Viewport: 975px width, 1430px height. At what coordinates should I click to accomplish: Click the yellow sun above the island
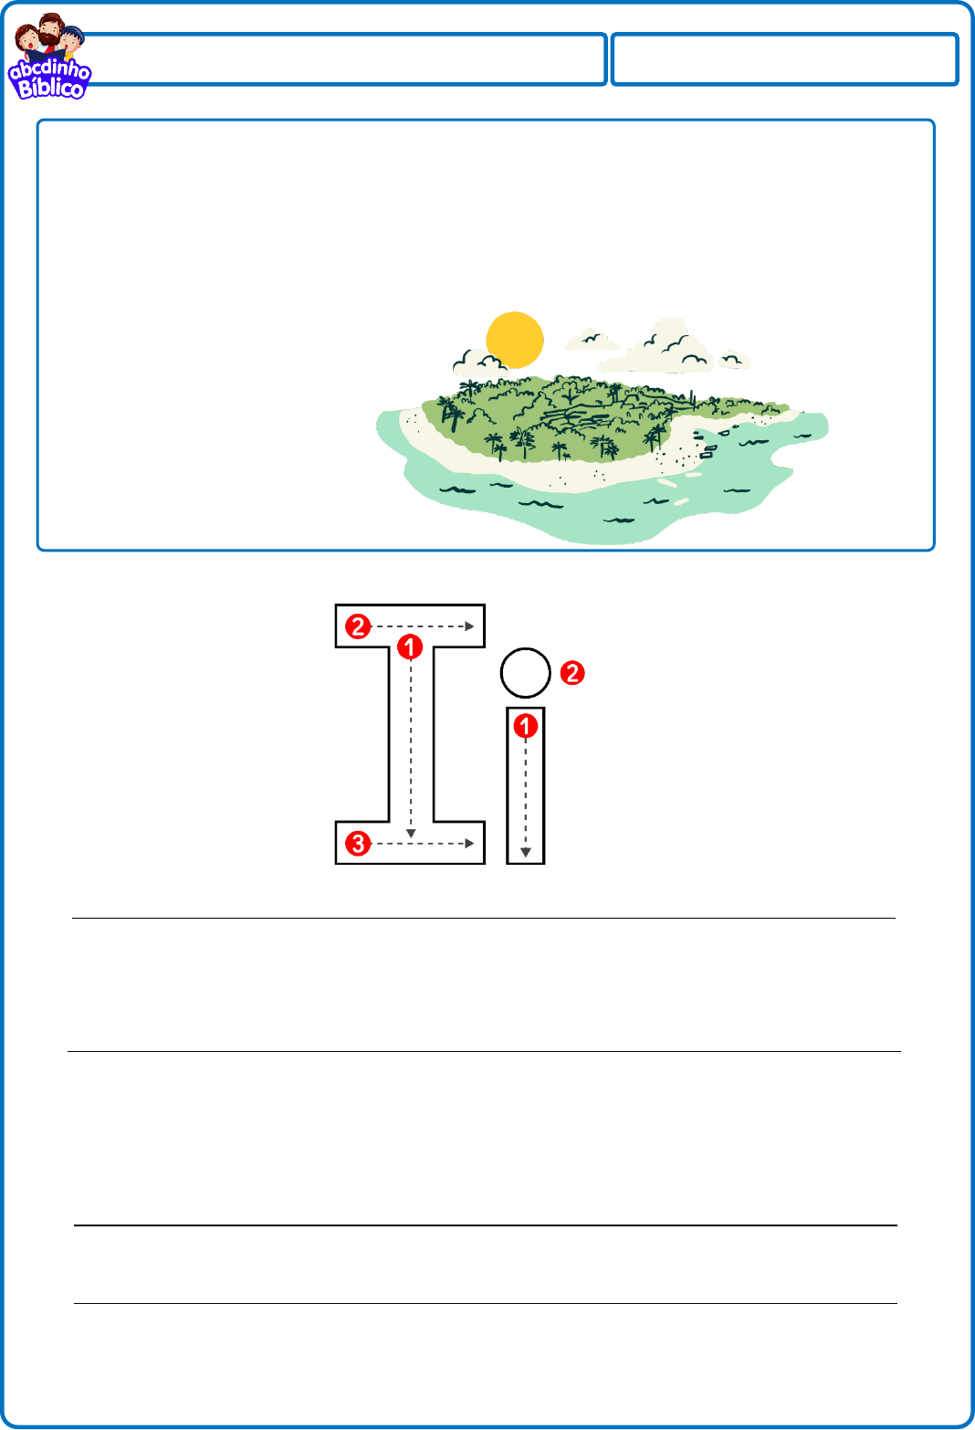point(514,340)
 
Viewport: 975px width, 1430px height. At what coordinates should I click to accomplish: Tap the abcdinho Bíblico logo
point(49,57)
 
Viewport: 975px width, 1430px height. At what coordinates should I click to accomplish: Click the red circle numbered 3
point(358,844)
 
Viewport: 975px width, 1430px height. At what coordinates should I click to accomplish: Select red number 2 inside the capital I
point(358,626)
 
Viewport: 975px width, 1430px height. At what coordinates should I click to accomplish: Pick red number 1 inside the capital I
point(410,647)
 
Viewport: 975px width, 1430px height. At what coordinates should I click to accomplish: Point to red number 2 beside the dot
point(572,673)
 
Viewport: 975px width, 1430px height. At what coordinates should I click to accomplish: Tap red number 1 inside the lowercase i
point(525,726)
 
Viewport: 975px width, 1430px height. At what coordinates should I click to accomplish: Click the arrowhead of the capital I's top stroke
point(469,626)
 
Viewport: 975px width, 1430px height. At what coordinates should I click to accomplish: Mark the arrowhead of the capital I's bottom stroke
point(469,844)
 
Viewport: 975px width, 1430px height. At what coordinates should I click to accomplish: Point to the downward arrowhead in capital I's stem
point(411,834)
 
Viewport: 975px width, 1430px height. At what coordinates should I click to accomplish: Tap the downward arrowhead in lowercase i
point(526,852)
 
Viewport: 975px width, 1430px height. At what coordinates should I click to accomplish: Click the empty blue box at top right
point(785,59)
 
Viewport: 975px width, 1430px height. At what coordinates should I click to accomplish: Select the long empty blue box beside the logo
point(344,59)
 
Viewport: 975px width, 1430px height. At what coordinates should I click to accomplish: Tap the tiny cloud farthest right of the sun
point(734,361)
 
